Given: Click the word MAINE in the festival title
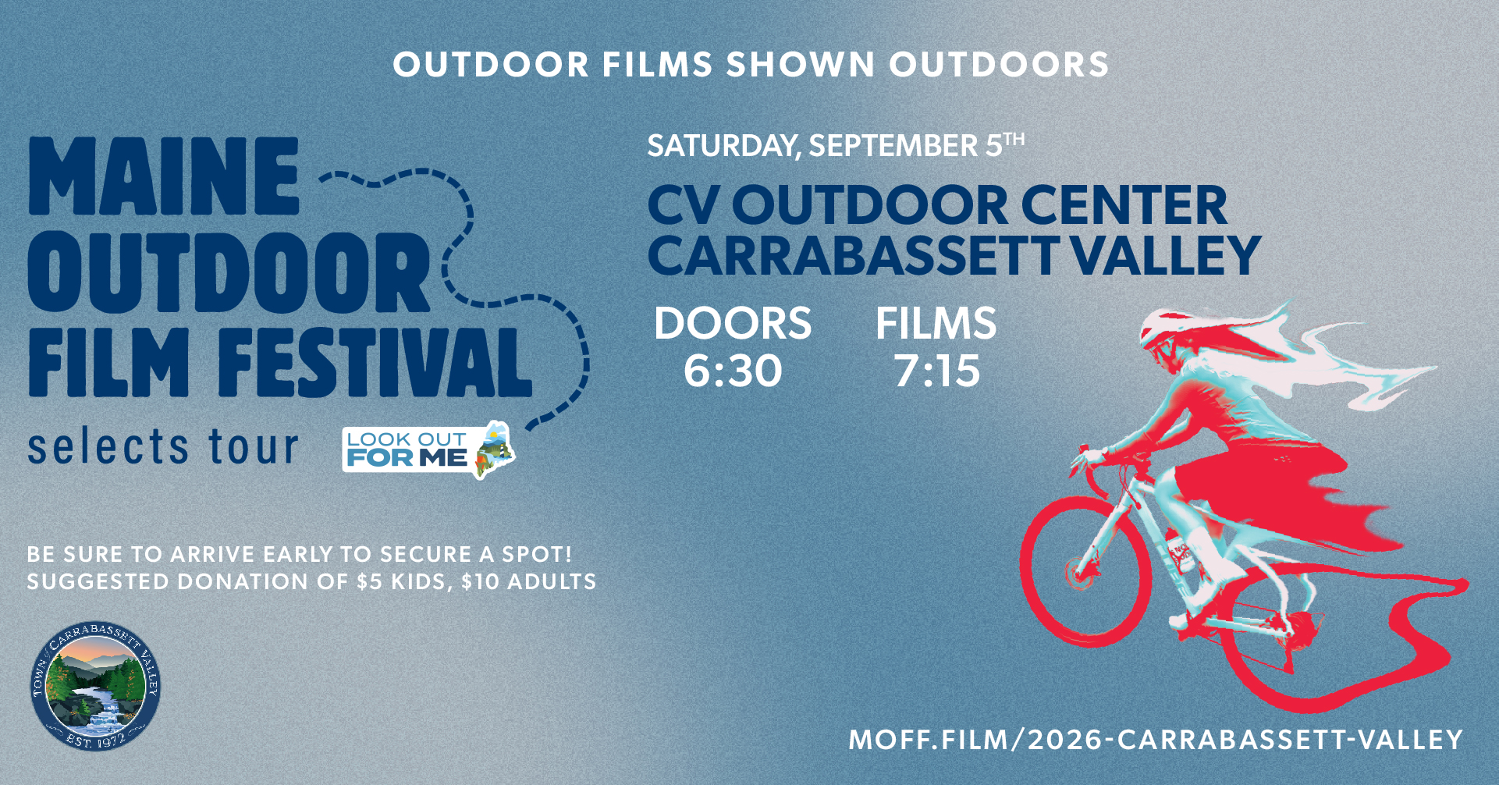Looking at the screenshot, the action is [x=164, y=176].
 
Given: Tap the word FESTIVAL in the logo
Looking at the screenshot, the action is [x=375, y=362].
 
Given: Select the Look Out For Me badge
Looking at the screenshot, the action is [x=428, y=449].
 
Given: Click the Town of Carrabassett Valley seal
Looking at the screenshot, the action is [x=96, y=687].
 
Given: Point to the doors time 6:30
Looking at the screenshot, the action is [x=733, y=371].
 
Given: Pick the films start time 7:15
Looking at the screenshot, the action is [x=937, y=371].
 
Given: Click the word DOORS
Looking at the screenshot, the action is [x=733, y=323].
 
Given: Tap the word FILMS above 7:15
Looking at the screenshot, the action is [x=936, y=323].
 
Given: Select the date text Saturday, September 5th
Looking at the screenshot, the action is [x=836, y=146].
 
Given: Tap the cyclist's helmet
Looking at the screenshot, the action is [x=1164, y=328].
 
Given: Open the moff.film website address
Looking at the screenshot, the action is [x=1156, y=739].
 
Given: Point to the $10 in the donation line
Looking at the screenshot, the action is [x=480, y=582].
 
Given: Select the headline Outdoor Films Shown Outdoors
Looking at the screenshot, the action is [x=751, y=65].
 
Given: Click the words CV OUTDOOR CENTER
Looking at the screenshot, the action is [x=937, y=206].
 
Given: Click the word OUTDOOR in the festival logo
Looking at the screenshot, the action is [x=228, y=270].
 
